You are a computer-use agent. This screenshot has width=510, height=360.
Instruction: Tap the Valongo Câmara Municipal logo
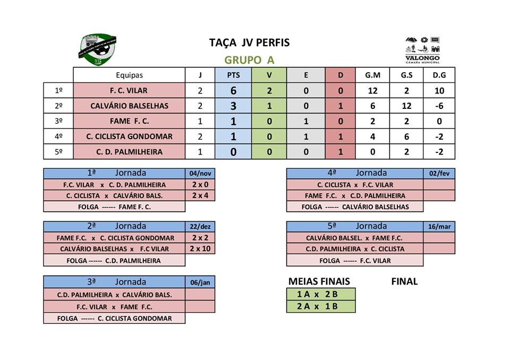coord(422,50)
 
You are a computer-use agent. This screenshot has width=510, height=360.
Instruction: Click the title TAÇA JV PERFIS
coord(249,43)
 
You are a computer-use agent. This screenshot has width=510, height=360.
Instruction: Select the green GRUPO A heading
coord(249,60)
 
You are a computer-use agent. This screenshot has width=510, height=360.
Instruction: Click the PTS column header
coord(233,75)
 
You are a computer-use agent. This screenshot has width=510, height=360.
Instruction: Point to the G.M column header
coord(372,75)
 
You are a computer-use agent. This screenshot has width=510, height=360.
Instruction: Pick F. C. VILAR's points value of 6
coord(233,91)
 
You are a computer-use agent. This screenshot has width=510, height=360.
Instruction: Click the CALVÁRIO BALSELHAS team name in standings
coord(129,106)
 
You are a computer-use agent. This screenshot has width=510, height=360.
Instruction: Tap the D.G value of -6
coord(439,106)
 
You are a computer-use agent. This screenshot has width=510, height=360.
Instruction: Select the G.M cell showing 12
coord(372,91)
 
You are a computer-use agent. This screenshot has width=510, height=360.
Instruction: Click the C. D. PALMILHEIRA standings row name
coord(129,152)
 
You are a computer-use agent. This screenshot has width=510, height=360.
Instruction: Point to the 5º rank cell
coord(58,152)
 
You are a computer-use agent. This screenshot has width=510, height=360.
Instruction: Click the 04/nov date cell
coord(200,174)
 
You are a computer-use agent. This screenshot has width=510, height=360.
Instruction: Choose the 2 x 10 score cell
coord(200,248)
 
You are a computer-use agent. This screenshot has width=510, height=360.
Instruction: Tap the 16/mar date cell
coord(439,227)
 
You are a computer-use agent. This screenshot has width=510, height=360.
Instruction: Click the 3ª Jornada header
coord(114,282)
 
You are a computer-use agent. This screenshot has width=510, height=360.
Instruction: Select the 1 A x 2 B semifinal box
coord(320,294)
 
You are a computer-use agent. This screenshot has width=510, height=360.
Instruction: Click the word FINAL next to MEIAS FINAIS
coord(404,281)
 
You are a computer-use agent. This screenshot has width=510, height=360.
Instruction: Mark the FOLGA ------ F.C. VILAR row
coord(355,261)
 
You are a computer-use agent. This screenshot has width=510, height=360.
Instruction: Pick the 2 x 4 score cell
coord(200,195)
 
